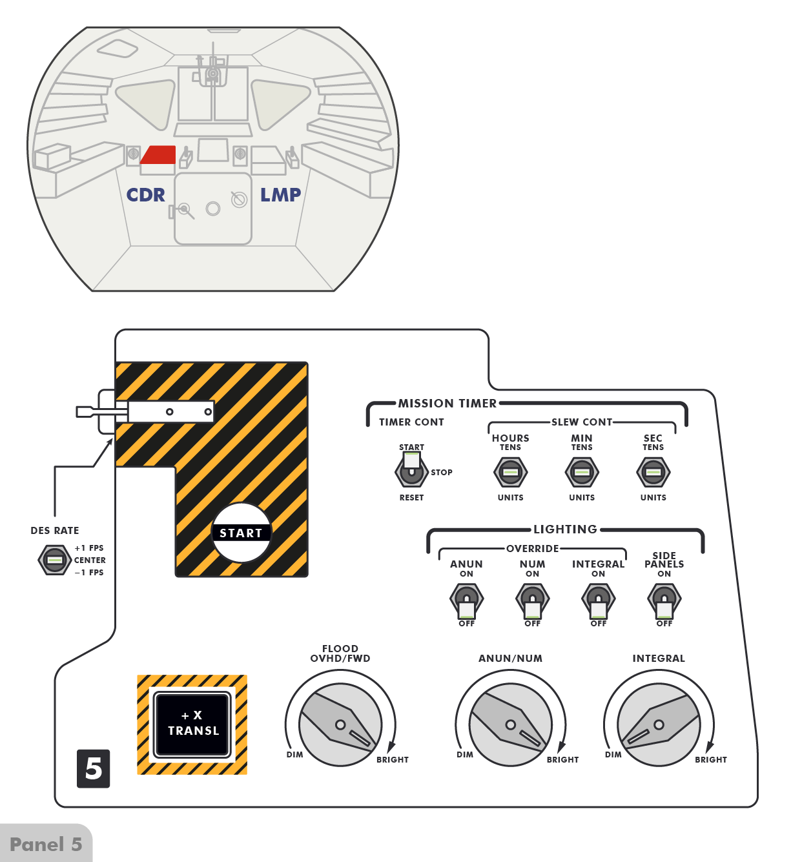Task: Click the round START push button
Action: (x=241, y=533)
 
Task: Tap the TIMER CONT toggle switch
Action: (x=411, y=469)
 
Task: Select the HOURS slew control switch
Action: (x=510, y=472)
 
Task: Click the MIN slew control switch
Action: (x=581, y=472)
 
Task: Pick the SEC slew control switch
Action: (x=653, y=472)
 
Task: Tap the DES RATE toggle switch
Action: (x=55, y=560)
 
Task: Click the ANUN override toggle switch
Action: (x=466, y=601)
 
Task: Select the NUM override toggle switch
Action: (x=532, y=601)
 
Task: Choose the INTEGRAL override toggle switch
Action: (x=599, y=601)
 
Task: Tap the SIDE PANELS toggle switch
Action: (x=664, y=601)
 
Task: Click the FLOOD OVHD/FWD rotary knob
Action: (x=340, y=724)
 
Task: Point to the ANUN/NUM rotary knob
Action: (x=511, y=724)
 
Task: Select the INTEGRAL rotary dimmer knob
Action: (x=659, y=724)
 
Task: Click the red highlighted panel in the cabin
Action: (x=159, y=154)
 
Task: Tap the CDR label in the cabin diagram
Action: (x=145, y=195)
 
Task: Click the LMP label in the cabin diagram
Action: (x=280, y=195)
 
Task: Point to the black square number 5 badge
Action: (x=94, y=768)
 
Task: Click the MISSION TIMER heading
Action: (x=447, y=403)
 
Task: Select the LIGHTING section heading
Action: (x=566, y=529)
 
